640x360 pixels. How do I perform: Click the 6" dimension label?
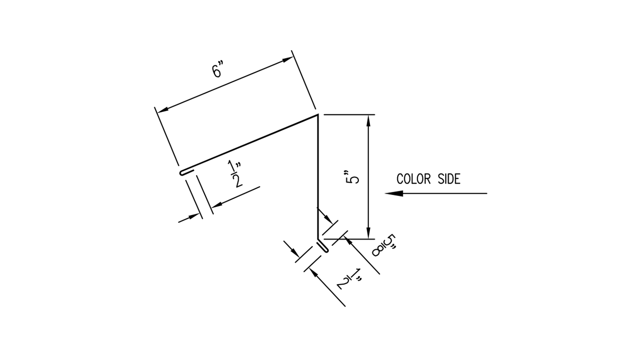[x=218, y=71]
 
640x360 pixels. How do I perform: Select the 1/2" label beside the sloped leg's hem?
[x=236, y=175]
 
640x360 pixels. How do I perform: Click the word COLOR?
[x=413, y=179]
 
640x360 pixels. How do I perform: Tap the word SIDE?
[x=449, y=179]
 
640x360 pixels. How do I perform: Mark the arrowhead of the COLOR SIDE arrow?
[x=393, y=193]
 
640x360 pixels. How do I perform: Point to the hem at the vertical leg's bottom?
[x=323, y=246]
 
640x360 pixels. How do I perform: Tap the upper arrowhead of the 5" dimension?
[x=368, y=120]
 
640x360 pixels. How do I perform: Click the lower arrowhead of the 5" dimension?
[x=368, y=233]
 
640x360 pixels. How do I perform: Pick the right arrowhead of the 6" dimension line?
[x=288, y=59]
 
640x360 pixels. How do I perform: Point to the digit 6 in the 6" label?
[x=216, y=72]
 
